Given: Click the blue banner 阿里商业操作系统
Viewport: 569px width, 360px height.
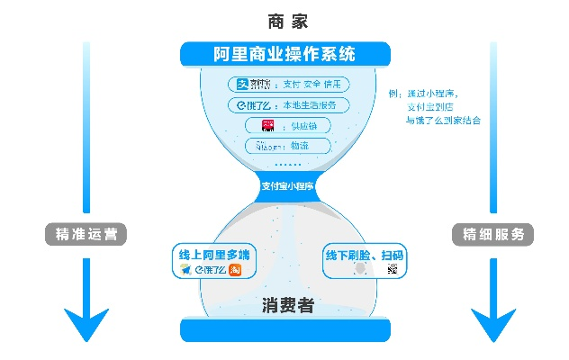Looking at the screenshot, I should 284,54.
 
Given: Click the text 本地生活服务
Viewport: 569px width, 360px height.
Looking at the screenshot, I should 309,105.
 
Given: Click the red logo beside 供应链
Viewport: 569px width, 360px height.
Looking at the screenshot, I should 267,125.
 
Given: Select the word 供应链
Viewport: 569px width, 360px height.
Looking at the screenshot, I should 306,125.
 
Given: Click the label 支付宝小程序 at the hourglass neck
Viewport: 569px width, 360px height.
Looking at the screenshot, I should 286,187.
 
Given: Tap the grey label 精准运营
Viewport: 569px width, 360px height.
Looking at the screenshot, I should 86,234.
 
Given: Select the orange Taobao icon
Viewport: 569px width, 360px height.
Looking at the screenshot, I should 234,269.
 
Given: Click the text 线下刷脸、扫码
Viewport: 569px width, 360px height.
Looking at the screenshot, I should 364,256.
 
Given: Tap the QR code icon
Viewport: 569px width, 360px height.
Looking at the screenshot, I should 392,269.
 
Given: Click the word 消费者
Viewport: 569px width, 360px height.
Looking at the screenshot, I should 288,306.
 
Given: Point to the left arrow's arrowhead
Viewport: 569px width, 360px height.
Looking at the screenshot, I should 86,324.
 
